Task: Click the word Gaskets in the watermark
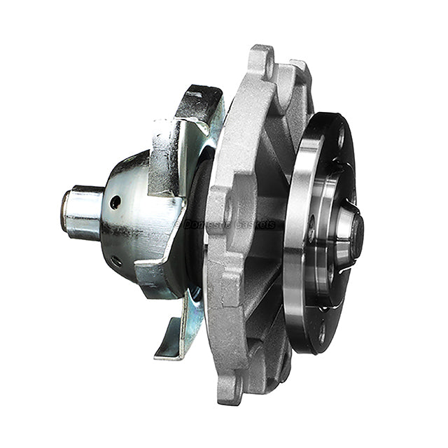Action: coord(253,225)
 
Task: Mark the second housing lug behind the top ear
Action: coord(297,73)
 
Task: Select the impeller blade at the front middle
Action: coord(165,168)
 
